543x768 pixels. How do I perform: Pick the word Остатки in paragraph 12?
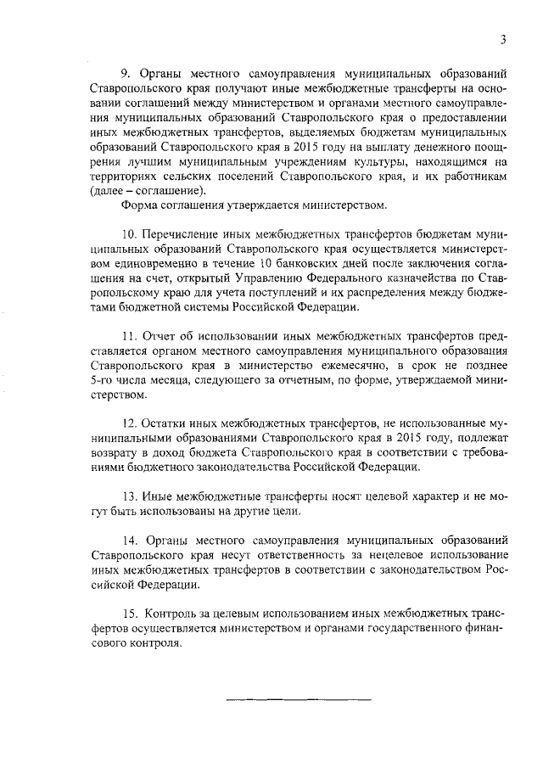click(x=168, y=422)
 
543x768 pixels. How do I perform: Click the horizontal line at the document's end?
click(x=298, y=698)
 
